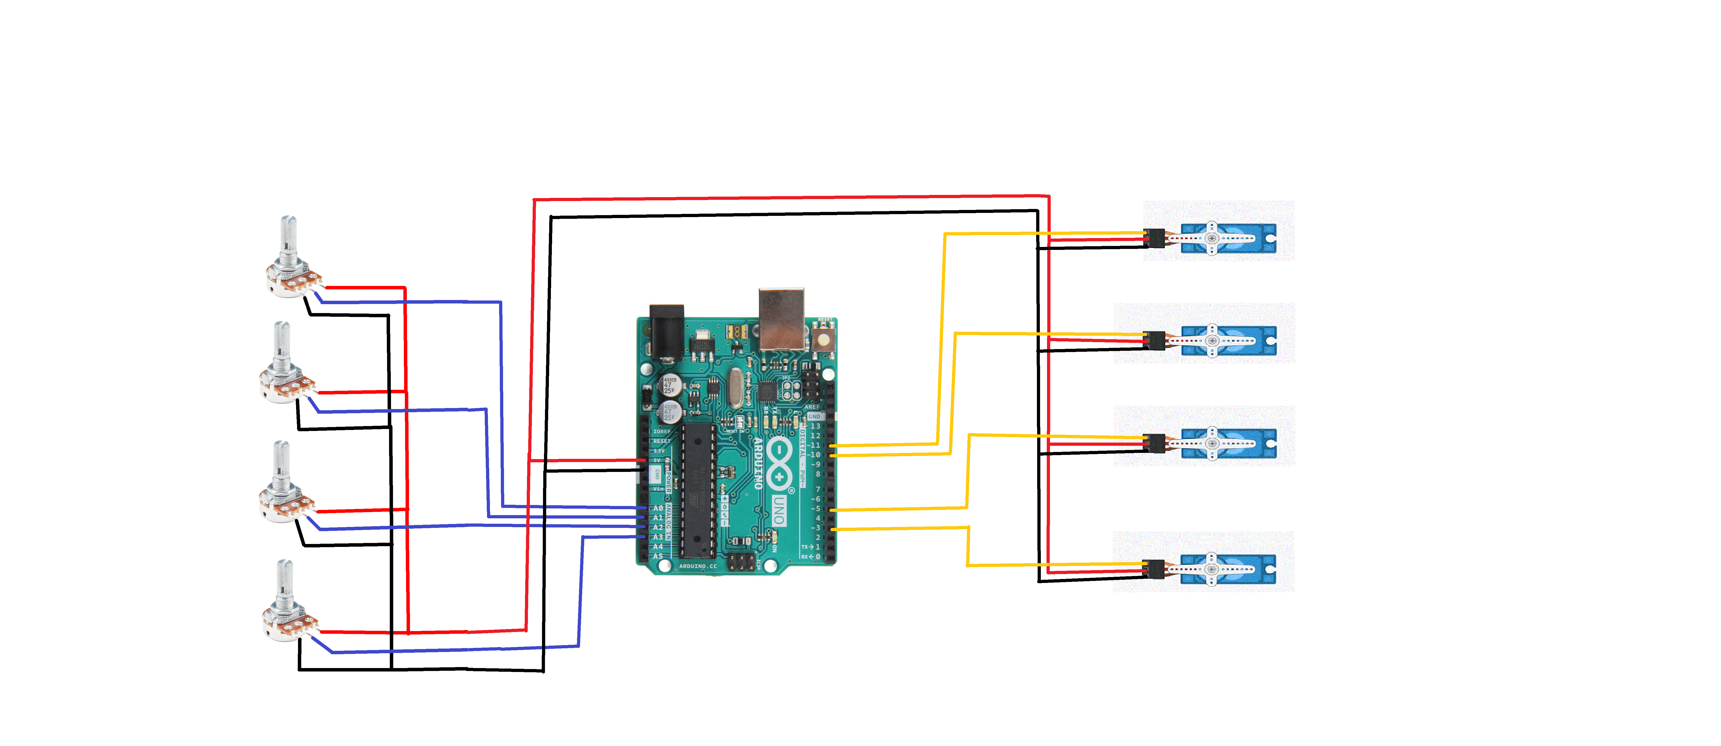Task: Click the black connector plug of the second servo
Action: point(1155,340)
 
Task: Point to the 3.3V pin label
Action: point(659,451)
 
